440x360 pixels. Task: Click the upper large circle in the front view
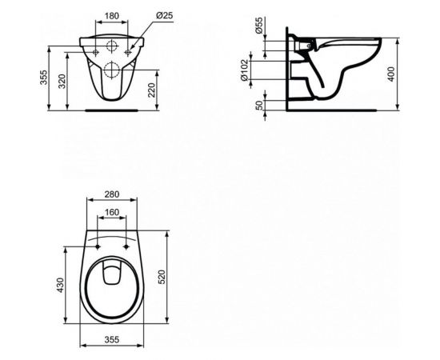110,46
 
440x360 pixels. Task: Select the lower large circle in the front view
110,69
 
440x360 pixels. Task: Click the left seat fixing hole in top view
94,240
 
